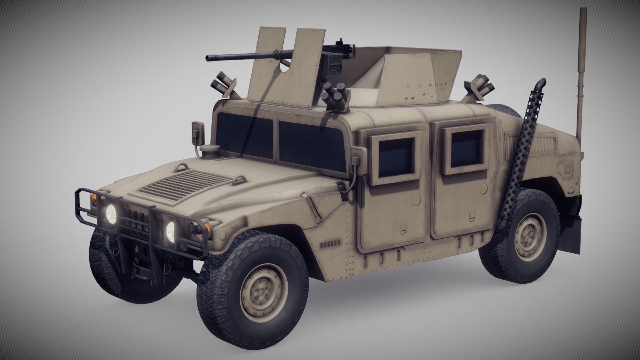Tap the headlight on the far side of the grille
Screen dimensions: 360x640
(111, 211)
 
